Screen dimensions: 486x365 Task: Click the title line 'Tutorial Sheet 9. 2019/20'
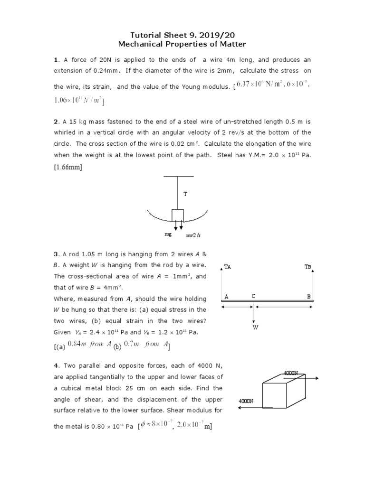182,36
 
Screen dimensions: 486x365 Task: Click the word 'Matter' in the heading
231,45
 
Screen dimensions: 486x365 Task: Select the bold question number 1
56,60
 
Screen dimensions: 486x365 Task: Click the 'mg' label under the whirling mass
168,234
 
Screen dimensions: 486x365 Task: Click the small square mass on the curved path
178,215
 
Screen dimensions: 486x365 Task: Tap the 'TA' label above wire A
227,267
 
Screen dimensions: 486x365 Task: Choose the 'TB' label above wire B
307,267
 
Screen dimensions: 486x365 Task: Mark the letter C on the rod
254,296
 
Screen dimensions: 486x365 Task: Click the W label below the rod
255,327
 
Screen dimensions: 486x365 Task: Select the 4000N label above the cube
291,374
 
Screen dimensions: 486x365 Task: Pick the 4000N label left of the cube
245,401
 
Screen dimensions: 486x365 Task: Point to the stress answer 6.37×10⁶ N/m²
259,84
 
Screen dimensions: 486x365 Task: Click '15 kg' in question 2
73,122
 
